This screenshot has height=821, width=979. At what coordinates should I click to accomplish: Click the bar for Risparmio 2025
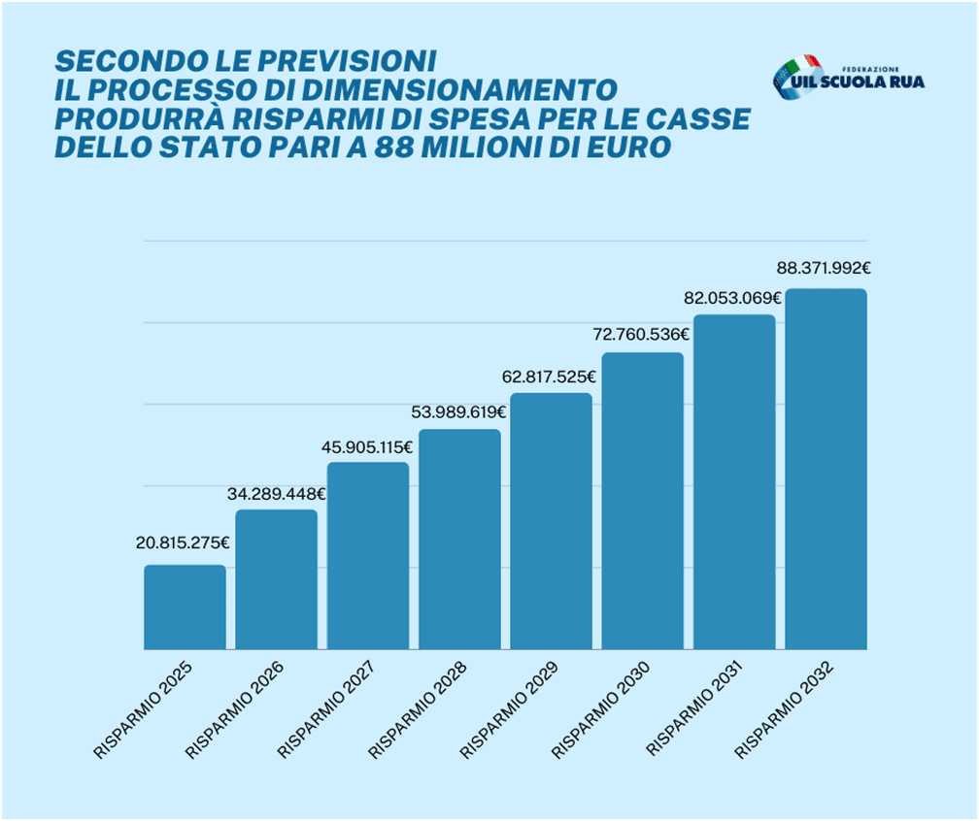click(185, 608)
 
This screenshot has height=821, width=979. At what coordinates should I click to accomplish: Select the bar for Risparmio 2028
click(459, 540)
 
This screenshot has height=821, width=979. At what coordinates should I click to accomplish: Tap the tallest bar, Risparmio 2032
click(826, 469)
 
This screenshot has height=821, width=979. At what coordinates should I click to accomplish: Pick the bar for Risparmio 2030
click(642, 501)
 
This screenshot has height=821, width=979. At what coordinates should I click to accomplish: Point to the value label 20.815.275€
click(183, 542)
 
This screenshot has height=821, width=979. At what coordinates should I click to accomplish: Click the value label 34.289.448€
click(277, 493)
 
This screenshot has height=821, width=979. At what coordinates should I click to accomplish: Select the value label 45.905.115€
click(368, 447)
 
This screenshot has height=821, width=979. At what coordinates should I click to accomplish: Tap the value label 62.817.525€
click(551, 377)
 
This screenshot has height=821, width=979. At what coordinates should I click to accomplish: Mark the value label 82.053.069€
click(734, 298)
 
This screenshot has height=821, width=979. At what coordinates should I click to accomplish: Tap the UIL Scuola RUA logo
click(848, 78)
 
